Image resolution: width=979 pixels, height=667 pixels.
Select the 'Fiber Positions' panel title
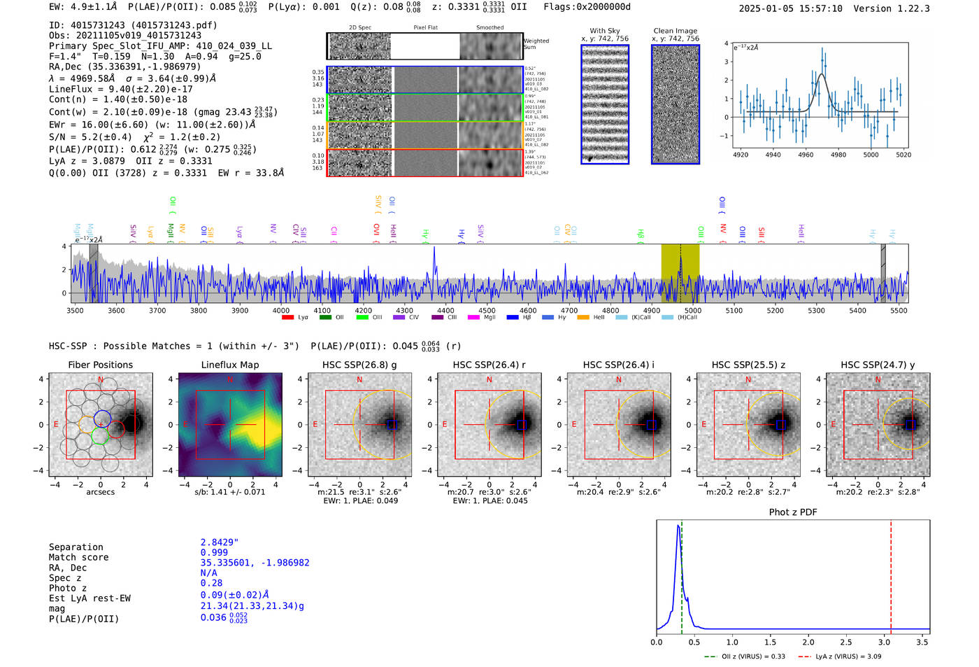click(x=100, y=365)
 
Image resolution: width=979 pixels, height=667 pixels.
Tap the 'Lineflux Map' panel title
click(x=230, y=365)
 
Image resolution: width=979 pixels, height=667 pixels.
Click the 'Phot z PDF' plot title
click(x=793, y=512)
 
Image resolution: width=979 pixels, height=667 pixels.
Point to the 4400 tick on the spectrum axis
click(x=445, y=310)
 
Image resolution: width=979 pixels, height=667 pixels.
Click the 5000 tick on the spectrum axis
click(x=692, y=310)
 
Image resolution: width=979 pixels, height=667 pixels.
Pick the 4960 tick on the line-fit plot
click(x=806, y=155)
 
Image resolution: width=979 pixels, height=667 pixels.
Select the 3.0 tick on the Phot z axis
click(x=884, y=642)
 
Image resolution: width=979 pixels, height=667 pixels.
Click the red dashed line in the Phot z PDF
click(x=891, y=574)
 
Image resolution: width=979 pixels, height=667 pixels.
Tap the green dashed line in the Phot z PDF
click(x=681, y=574)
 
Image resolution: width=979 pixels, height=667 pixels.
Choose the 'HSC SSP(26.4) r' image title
click(x=489, y=365)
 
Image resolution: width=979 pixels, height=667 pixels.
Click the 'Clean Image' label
click(x=675, y=31)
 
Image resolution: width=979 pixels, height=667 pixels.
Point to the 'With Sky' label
click(x=605, y=31)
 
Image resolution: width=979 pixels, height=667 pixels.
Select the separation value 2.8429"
click(x=220, y=542)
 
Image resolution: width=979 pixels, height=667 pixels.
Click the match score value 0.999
click(x=214, y=553)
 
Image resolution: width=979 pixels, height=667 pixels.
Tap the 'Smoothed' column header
click(x=489, y=27)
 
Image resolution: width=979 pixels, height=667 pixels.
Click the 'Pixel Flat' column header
click(x=425, y=27)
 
